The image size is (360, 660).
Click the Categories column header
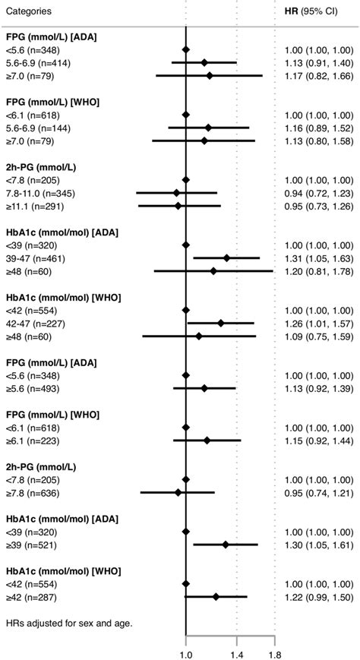[x=28, y=11]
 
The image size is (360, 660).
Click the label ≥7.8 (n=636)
[x=32, y=492]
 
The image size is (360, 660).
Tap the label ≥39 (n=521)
[x=30, y=545]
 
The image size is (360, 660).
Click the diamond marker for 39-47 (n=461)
[x=226, y=258]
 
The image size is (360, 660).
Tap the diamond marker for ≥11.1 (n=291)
[x=178, y=206]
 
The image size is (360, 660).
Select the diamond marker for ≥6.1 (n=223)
[x=207, y=441]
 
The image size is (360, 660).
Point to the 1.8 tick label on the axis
[x=274, y=652]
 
